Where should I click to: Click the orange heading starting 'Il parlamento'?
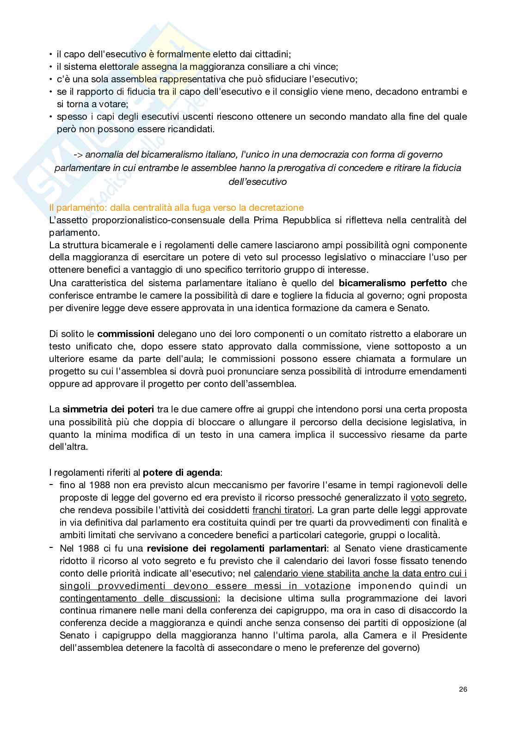[176, 208]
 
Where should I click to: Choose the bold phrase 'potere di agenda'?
[181, 472]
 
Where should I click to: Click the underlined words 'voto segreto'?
[437, 497]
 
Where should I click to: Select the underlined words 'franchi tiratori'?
[282, 510]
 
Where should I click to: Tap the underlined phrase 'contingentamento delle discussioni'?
[139, 598]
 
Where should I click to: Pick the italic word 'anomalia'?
[104, 154]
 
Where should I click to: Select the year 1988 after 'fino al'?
[99, 485]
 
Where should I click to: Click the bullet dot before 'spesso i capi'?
[51, 117]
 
